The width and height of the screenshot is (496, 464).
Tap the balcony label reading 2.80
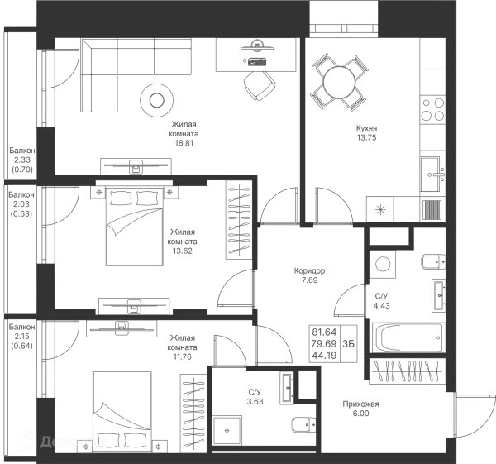tap(22, 160)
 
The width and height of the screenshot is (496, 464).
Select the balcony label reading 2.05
tap(21, 204)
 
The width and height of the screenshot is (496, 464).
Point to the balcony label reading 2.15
tap(21, 337)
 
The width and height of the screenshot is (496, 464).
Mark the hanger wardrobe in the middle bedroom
tap(238, 220)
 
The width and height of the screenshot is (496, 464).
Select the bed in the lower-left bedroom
tap(122, 410)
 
